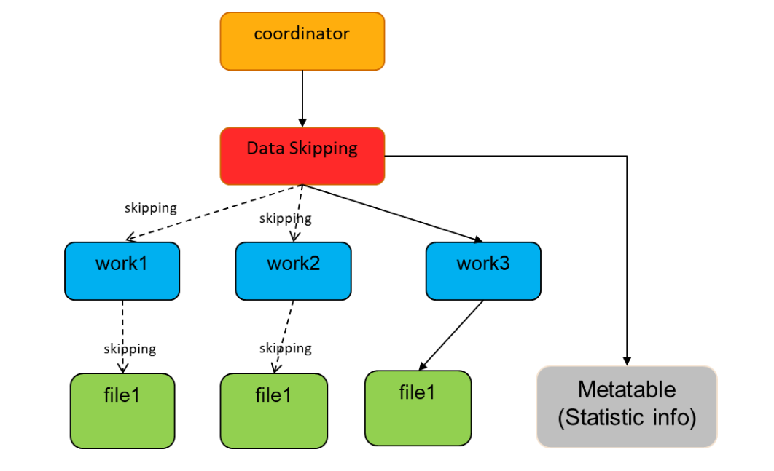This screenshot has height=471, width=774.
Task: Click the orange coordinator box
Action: pos(302,41)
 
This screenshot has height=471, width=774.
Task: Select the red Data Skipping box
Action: pos(302,156)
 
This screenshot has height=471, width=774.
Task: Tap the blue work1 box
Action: pos(122,271)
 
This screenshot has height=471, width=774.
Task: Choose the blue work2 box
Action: pos(293,271)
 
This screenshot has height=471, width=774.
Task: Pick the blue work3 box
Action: pos(483,271)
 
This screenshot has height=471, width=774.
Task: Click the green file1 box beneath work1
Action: pos(122,411)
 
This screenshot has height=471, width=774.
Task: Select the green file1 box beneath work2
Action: pos(274,411)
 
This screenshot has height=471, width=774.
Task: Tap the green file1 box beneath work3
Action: pos(418,408)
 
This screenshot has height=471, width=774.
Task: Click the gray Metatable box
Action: pos(627,406)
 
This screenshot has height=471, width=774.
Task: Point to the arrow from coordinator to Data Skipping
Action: pos(302,98)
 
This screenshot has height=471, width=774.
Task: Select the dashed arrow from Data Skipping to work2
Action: pos(298,211)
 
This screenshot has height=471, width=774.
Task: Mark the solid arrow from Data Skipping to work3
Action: pos(394,213)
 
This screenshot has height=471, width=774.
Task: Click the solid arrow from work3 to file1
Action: pos(452,334)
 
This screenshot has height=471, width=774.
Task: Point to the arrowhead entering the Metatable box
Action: pos(627,361)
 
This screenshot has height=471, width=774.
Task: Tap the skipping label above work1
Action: pos(150,208)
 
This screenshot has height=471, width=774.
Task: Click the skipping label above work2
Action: pos(285,218)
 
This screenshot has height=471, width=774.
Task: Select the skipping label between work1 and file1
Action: pos(130,349)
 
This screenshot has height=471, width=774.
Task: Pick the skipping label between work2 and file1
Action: pos(285,348)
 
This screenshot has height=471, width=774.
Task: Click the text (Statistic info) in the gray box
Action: pos(627,419)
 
